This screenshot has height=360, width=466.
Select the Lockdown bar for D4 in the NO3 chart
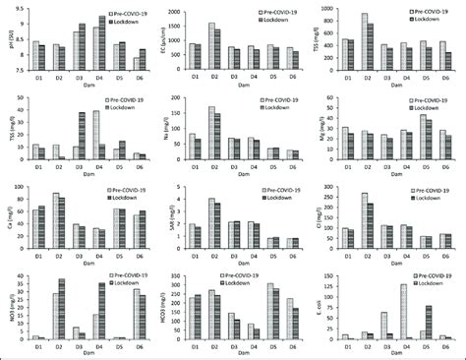coord(102,311)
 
